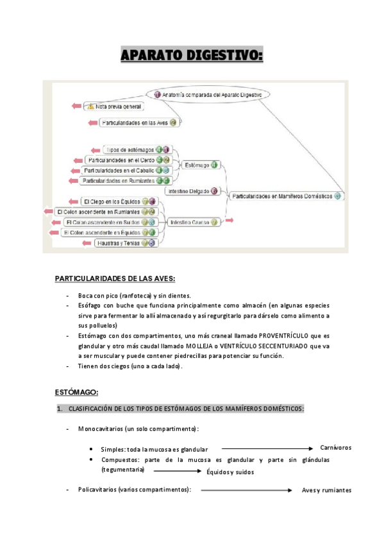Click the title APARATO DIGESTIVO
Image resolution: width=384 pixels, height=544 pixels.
pos(192,57)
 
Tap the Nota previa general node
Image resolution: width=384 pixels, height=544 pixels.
pos(119,106)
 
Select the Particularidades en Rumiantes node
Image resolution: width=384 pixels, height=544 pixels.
pos(119,181)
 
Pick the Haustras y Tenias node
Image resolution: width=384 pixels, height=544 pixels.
pos(120,243)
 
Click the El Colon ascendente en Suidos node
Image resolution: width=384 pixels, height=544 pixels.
pos(101,222)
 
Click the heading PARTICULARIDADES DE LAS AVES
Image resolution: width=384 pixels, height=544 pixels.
pos(115,278)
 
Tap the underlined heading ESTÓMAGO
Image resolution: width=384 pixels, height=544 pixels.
pos(76,392)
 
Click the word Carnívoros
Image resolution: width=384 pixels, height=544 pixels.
pos(336,448)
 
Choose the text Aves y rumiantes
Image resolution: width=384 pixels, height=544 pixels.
pos(326,491)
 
